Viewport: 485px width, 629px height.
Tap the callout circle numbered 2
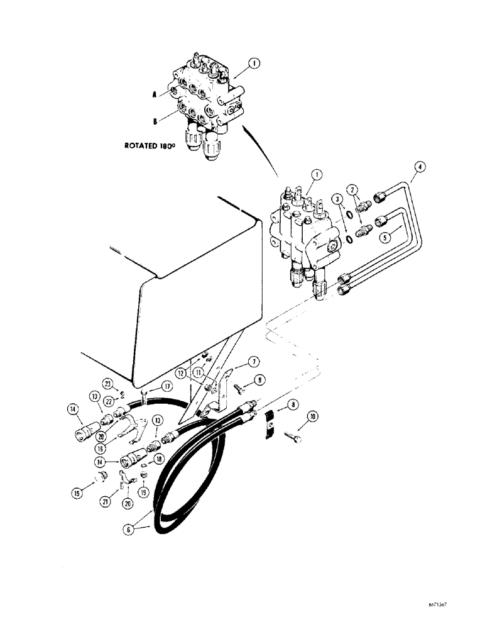tap(354, 189)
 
